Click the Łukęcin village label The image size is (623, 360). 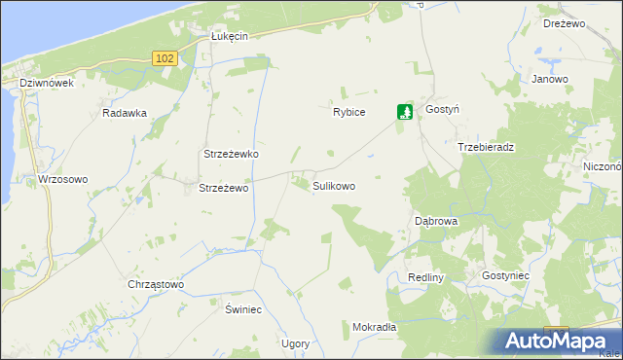click(230, 36)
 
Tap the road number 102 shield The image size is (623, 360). click(165, 59)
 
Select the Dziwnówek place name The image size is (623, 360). click(47, 84)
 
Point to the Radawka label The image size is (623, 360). click(124, 113)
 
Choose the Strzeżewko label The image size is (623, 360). click(230, 155)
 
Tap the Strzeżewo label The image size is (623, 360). click(225, 188)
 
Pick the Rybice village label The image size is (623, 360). click(348, 112)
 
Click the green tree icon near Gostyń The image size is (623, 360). click(405, 113)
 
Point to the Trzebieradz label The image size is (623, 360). click(486, 147)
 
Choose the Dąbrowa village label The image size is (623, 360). click(436, 221)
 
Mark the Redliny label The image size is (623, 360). click(426, 277)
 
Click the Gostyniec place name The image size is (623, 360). click(505, 276)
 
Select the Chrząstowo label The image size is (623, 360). click(156, 285)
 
